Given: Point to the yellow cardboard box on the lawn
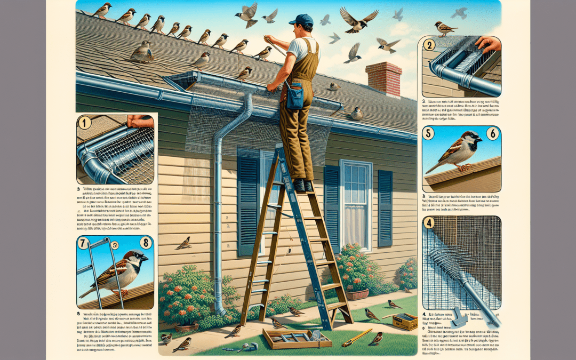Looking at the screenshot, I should [x=405, y=322].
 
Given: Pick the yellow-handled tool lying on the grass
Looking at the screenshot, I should [x=357, y=338].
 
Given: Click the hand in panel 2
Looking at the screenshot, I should [x=489, y=44].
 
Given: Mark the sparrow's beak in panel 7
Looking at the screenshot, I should [x=145, y=258].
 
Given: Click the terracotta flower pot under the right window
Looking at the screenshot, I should [x=357, y=293].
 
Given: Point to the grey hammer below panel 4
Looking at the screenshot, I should [x=458, y=319].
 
